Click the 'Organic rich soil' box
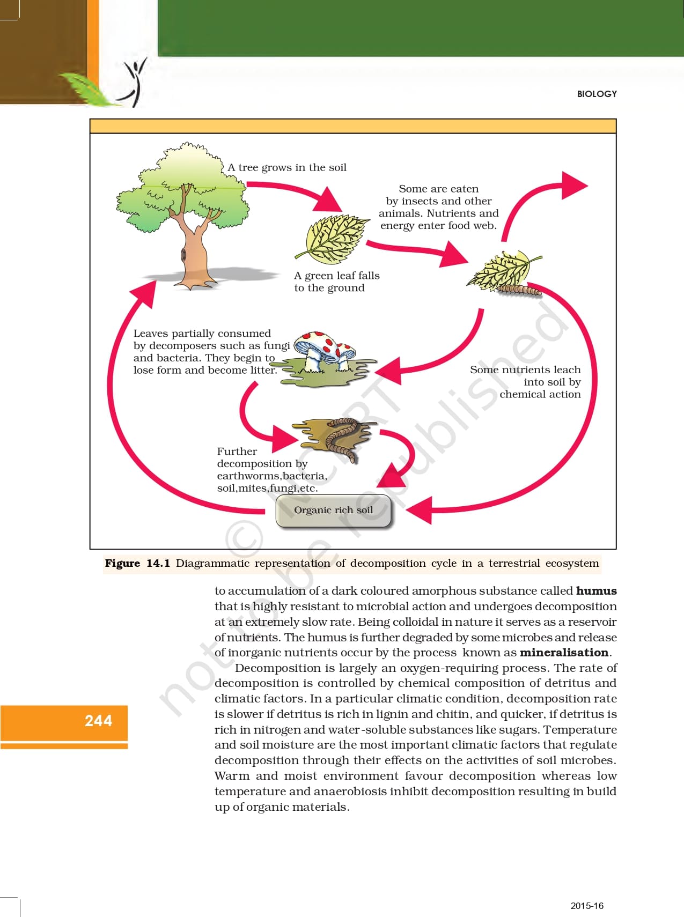(x=333, y=510)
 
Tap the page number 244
(x=98, y=720)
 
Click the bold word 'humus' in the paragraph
(x=596, y=590)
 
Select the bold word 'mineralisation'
(x=564, y=652)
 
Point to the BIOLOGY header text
(x=597, y=94)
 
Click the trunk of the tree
(x=192, y=252)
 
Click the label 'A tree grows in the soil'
(x=287, y=167)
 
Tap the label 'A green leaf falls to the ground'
(x=336, y=282)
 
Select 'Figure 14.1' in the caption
(x=137, y=563)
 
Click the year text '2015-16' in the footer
(x=586, y=906)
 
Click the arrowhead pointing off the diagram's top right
(x=574, y=186)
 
